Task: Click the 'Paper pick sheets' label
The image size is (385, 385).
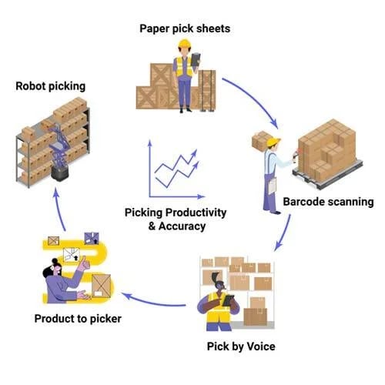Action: point(185,28)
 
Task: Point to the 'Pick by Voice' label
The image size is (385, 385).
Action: point(242,346)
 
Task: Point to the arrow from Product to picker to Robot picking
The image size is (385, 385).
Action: point(65,208)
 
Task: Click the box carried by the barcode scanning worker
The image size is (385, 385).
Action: point(261,140)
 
